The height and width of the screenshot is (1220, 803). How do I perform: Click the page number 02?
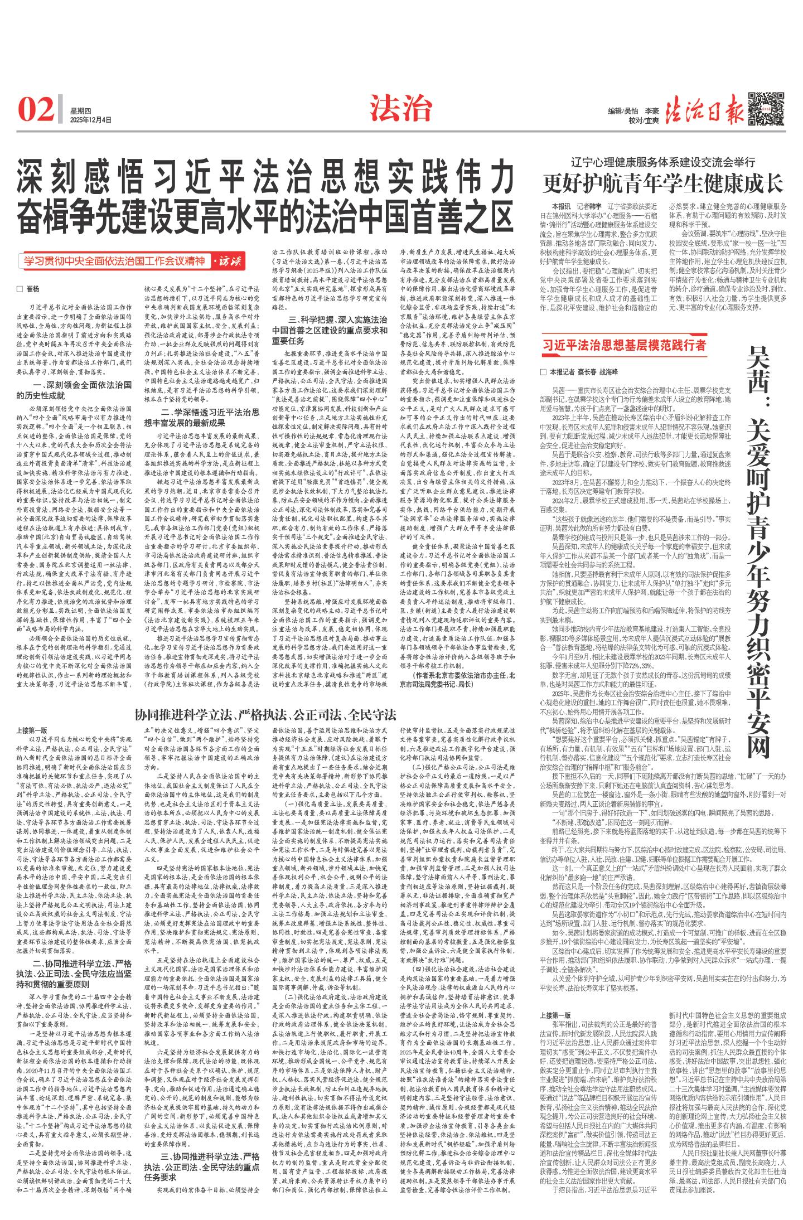point(36,109)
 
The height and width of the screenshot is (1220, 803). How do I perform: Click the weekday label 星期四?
point(80,110)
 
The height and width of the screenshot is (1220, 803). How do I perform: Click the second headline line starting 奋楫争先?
point(264,212)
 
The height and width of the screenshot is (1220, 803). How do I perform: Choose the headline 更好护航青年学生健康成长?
point(664,183)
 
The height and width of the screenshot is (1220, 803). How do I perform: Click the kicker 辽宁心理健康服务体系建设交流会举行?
point(663,163)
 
